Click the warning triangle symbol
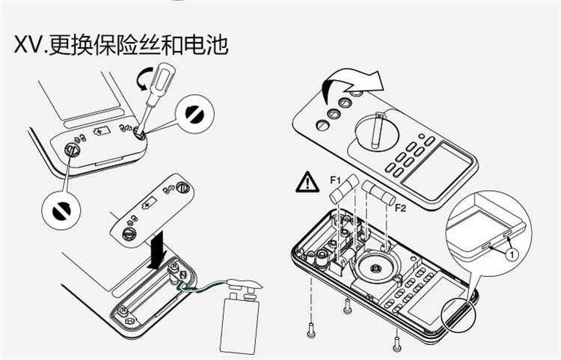coord(307,182)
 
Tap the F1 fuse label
coord(334,180)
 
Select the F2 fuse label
coord(400,207)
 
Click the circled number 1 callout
coord(512,254)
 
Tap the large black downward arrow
coord(159,251)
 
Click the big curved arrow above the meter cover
coord(349,85)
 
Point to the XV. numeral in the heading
coord(31,46)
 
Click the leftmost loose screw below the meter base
coord(311,327)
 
